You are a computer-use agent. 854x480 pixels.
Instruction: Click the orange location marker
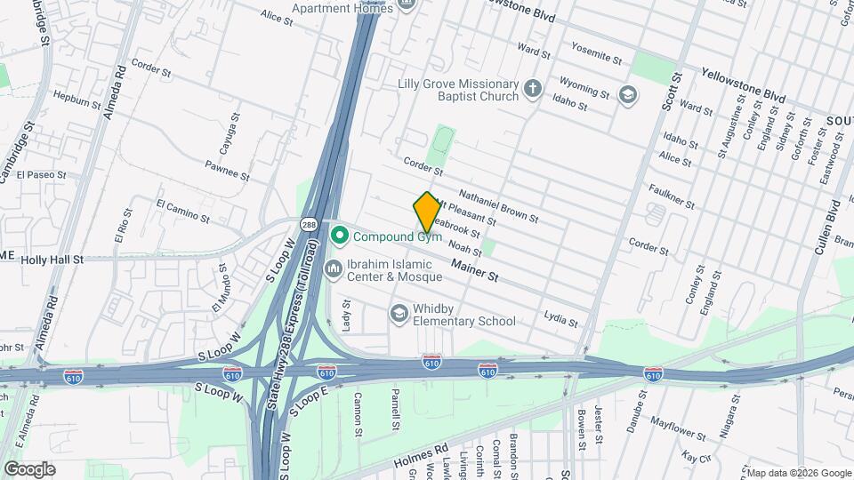[x=427, y=212]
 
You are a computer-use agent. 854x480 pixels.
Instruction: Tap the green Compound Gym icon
[x=339, y=236]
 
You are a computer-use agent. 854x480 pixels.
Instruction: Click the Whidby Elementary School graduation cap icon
[x=399, y=313]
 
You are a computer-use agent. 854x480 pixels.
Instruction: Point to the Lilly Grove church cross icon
[x=532, y=89]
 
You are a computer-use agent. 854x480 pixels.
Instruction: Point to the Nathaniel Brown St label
[x=498, y=206]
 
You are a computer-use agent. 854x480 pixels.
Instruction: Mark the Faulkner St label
[x=672, y=196]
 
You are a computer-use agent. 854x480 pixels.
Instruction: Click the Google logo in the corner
[x=29, y=468]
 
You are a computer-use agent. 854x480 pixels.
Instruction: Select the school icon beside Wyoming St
[x=629, y=93]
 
